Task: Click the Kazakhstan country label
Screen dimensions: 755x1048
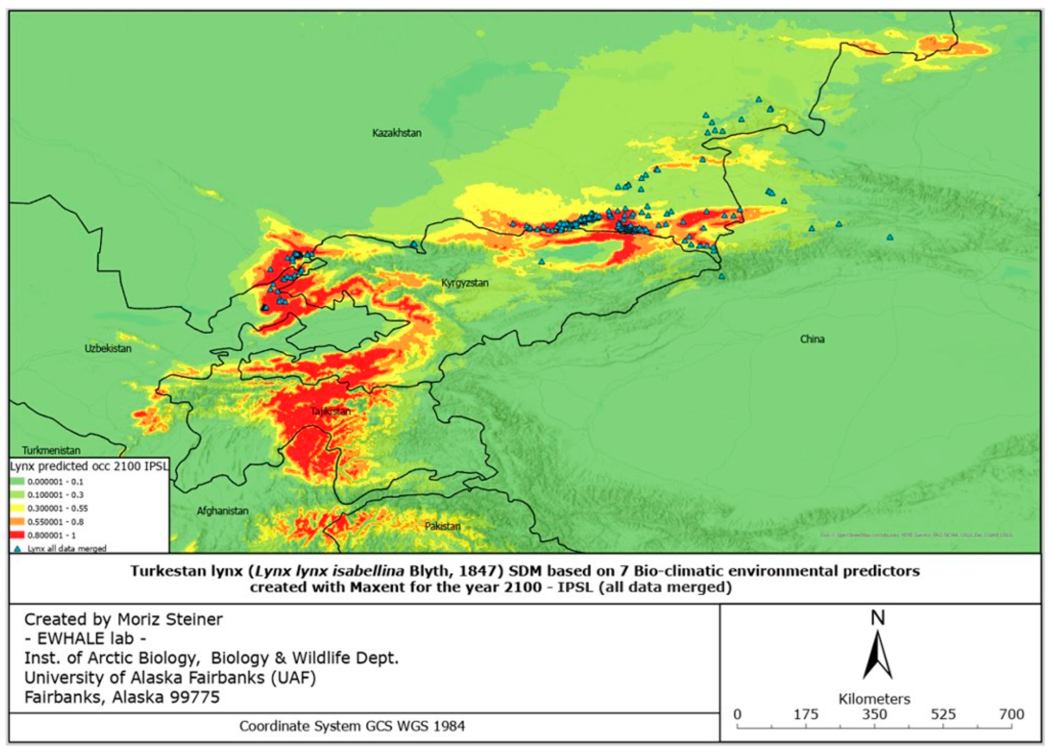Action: [x=397, y=133]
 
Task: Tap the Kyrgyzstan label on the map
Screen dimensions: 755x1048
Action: [x=464, y=283]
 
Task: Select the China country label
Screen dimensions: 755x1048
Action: [x=812, y=340]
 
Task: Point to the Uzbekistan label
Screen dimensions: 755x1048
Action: [x=108, y=349]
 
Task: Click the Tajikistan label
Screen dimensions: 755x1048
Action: [x=331, y=411]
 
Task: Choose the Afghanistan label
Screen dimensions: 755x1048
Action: [x=223, y=511]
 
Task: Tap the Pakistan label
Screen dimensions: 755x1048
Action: [x=442, y=526]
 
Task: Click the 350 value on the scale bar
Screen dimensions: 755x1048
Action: [x=874, y=715]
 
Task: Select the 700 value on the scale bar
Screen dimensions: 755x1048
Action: [x=1011, y=715]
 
